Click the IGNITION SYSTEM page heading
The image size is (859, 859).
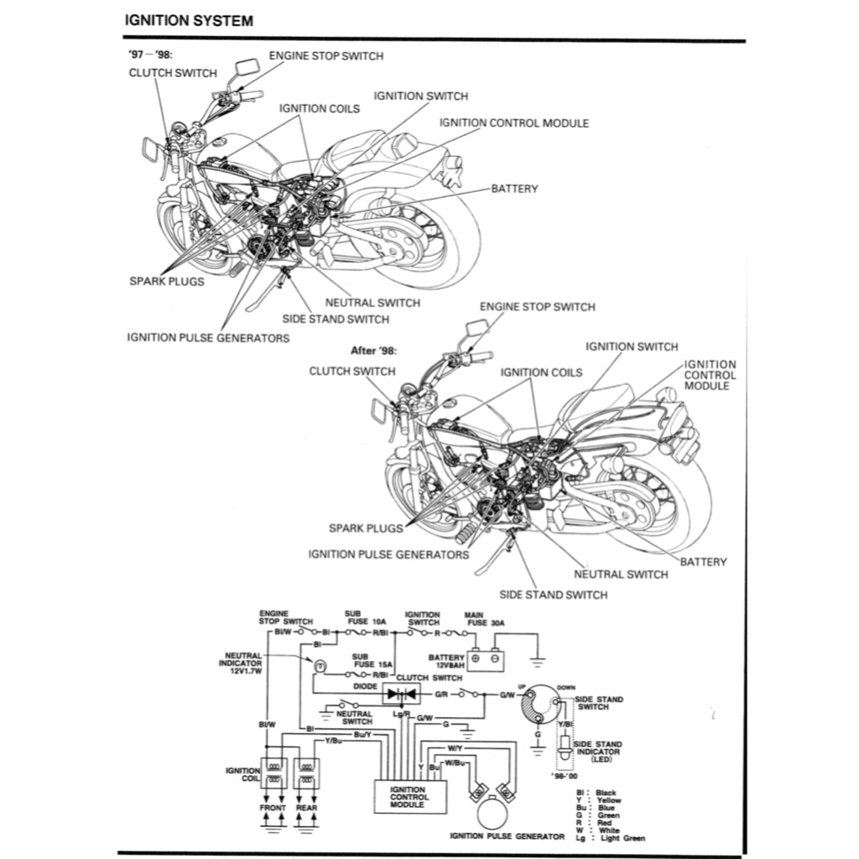click(x=188, y=20)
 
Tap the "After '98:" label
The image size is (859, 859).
click(x=372, y=351)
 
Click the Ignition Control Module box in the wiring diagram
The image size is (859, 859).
click(x=409, y=798)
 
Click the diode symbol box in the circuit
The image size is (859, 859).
click(x=400, y=694)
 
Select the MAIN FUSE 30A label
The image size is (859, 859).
click(x=479, y=619)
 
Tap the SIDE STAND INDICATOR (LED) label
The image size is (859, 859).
click(x=596, y=751)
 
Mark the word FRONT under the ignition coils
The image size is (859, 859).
click(x=273, y=808)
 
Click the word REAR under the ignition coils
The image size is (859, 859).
click(x=306, y=808)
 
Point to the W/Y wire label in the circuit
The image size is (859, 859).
click(x=455, y=747)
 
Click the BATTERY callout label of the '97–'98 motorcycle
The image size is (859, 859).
click(x=514, y=189)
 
